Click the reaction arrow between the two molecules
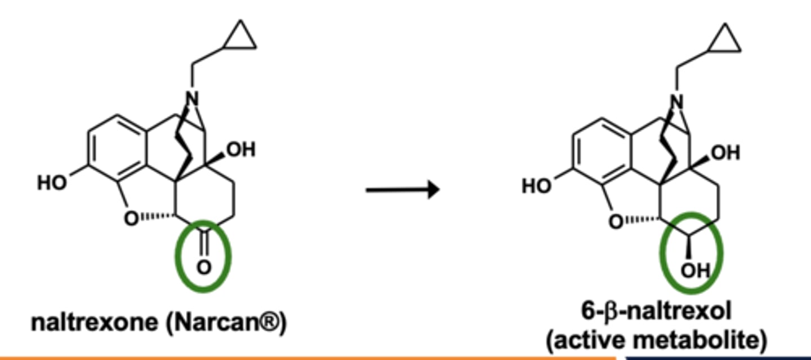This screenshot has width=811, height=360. pyautogui.click(x=403, y=189)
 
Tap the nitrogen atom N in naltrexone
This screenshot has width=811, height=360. pyautogui.click(x=192, y=99)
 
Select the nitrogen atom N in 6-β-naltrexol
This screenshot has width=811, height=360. pyautogui.click(x=677, y=102)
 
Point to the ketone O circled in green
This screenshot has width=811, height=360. pyautogui.click(x=204, y=268)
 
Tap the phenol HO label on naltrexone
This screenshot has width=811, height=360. pyautogui.click(x=52, y=183)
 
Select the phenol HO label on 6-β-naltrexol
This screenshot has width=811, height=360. pyautogui.click(x=537, y=186)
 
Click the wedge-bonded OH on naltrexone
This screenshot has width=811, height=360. pyautogui.click(x=241, y=149)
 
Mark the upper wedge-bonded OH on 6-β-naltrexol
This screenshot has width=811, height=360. pyautogui.click(x=725, y=153)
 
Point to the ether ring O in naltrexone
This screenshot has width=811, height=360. pyautogui.click(x=131, y=219)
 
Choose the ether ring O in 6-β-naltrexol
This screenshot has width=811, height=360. pyautogui.click(x=616, y=221)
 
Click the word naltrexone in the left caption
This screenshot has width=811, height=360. pyautogui.click(x=95, y=322)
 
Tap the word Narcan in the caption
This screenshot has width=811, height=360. pyautogui.click(x=216, y=322)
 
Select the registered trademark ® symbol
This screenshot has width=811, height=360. pyautogui.click(x=270, y=321)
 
